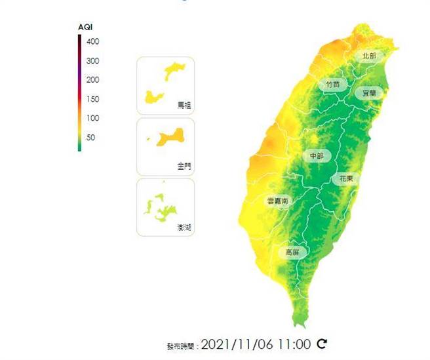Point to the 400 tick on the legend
point(92,41)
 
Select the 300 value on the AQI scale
point(92,61)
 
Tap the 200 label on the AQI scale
point(92,80)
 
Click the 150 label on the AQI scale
point(92,99)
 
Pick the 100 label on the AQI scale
point(92,118)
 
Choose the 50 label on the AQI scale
point(90,138)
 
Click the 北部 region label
point(369,56)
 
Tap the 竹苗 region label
point(332,85)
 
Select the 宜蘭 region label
point(369,93)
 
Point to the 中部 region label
point(317,155)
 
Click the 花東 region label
point(345,178)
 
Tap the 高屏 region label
point(292,252)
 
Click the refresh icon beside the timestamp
point(321,344)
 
